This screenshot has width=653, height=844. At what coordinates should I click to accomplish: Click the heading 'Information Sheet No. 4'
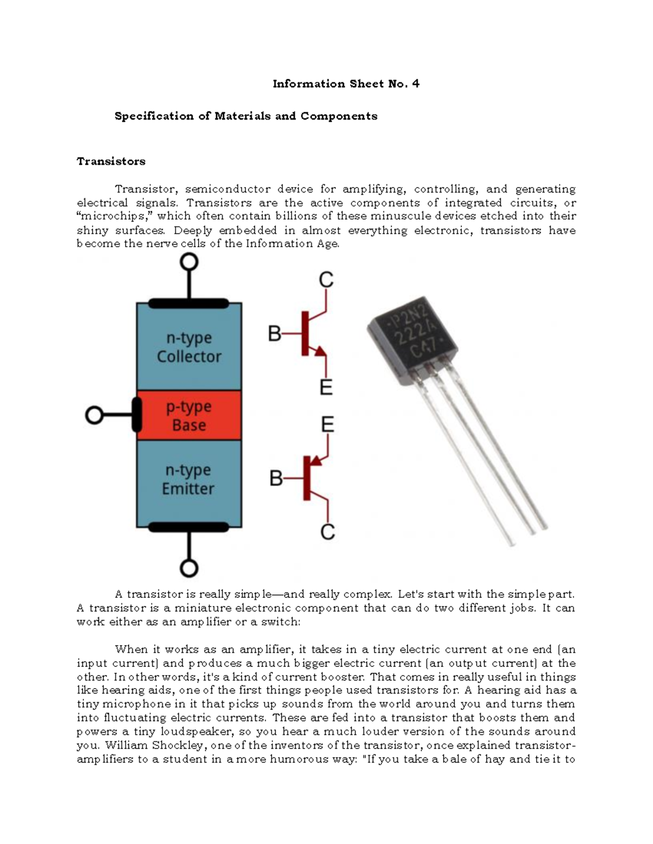(346, 84)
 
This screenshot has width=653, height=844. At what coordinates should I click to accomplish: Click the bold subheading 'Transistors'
(111, 161)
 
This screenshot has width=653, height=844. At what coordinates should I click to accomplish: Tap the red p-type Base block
(188, 416)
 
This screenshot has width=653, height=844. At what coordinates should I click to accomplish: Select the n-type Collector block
(189, 347)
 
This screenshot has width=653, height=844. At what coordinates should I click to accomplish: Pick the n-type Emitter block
(188, 479)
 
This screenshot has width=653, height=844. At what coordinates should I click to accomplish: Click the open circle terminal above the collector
(189, 262)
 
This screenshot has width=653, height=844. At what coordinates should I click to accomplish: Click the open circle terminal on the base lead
(94, 416)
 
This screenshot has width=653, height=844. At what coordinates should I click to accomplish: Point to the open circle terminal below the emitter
(189, 568)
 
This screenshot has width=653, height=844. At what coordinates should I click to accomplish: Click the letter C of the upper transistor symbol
(325, 280)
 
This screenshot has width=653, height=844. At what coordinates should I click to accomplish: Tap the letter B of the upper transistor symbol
(275, 333)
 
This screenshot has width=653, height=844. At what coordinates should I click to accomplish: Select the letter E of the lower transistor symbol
(327, 424)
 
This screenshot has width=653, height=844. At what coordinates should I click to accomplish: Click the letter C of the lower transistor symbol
(327, 532)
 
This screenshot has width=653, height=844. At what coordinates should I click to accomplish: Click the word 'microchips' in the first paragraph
(114, 216)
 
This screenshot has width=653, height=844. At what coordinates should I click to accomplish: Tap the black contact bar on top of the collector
(189, 303)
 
